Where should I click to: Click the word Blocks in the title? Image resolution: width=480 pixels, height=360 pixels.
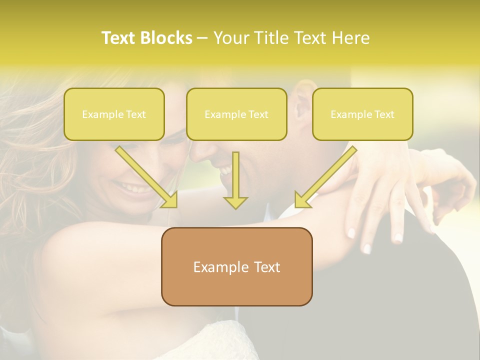(x=166, y=38)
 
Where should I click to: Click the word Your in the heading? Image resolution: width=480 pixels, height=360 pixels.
(x=232, y=38)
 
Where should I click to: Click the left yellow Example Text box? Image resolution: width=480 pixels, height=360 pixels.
(x=114, y=114)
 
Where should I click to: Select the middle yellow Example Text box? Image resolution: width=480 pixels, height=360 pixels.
(x=236, y=114)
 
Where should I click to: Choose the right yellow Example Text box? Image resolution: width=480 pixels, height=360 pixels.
(x=362, y=114)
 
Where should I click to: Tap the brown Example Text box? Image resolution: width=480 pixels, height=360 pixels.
(x=236, y=266)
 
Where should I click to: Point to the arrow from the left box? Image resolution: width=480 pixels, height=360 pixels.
(x=145, y=176)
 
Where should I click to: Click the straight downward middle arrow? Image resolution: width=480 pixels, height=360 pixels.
(x=235, y=180)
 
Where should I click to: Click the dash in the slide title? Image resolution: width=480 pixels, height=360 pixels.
(x=202, y=38)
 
